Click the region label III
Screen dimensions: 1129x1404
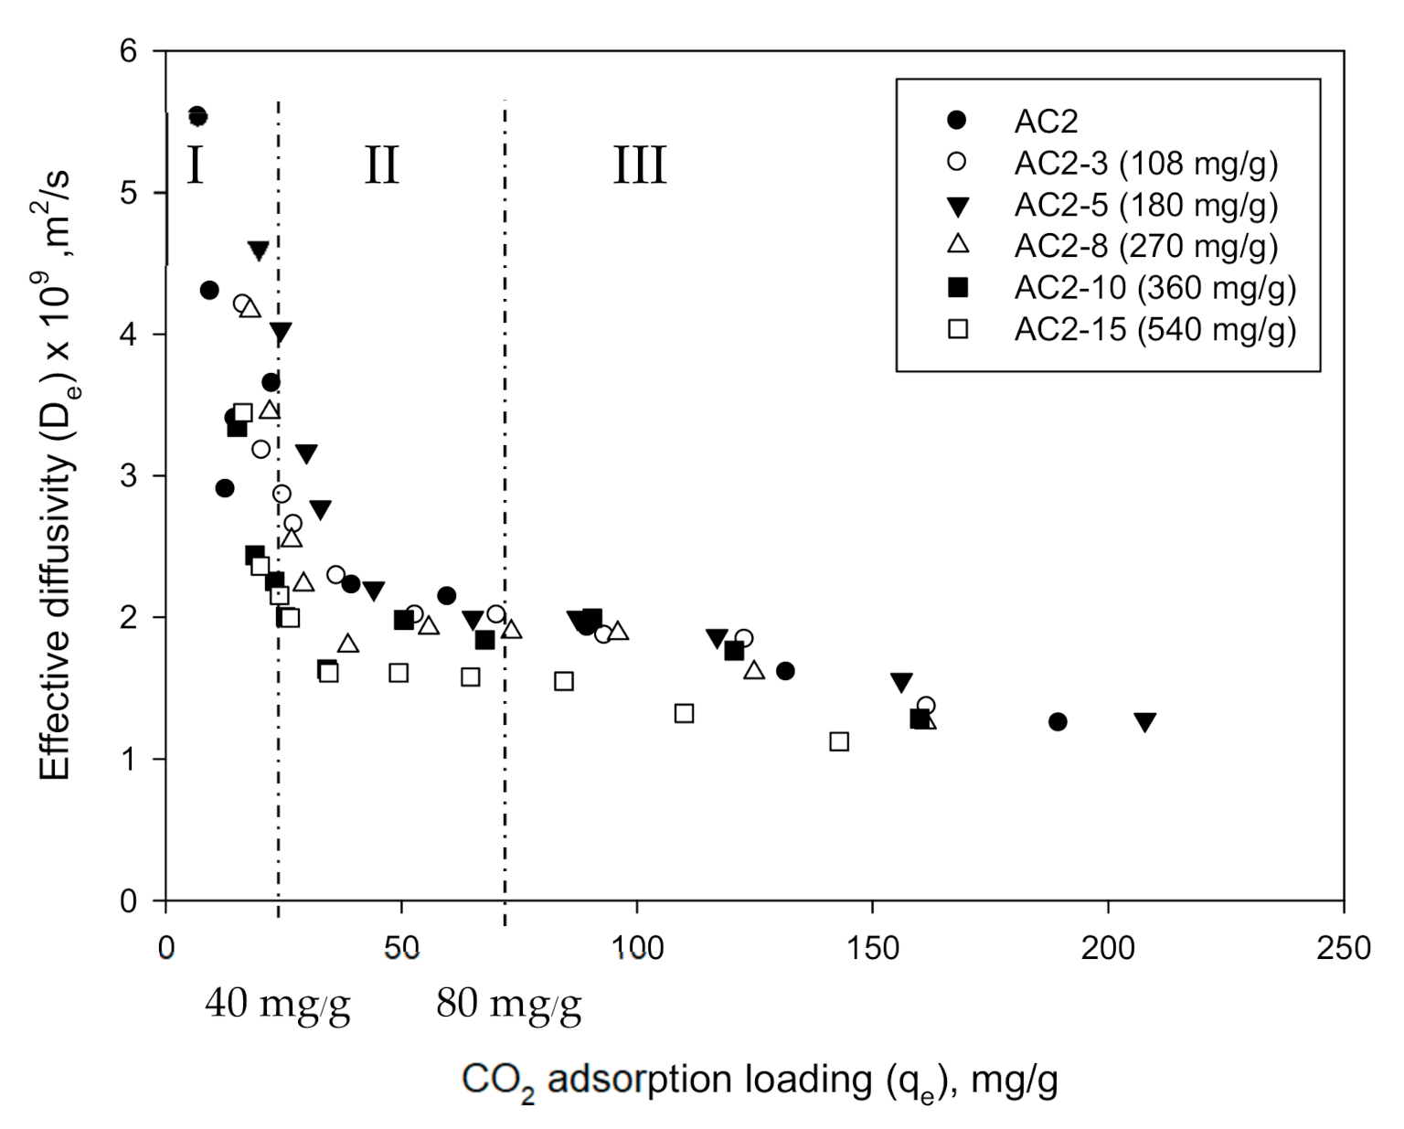pyautogui.click(x=639, y=166)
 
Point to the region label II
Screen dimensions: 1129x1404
pyautogui.click(x=381, y=166)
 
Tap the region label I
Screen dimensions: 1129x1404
pyautogui.click(x=195, y=166)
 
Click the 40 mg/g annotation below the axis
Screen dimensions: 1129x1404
pyautogui.click(x=277, y=1006)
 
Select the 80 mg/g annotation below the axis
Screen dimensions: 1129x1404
pyautogui.click(x=508, y=1006)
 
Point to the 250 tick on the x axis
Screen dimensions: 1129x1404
pyautogui.click(x=1343, y=948)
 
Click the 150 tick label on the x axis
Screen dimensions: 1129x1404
pyautogui.click(x=872, y=948)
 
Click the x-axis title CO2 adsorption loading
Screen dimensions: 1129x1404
pyautogui.click(x=760, y=1081)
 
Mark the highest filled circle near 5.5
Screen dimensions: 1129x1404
pyautogui.click(x=197, y=116)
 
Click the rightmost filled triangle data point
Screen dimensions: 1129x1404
pyautogui.click(x=1144, y=722)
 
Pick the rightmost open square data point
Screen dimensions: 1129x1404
pyautogui.click(x=839, y=741)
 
